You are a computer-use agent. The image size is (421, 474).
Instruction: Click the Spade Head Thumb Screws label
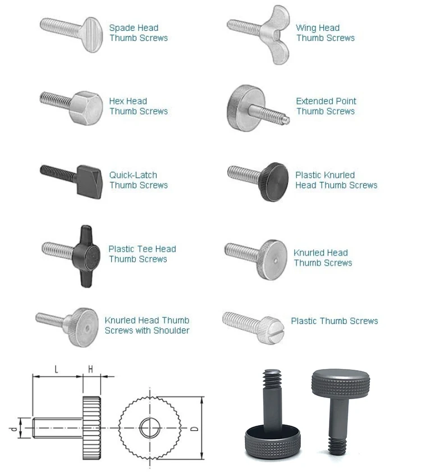coord(138,33)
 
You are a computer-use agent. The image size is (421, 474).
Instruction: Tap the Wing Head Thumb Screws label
coord(325,33)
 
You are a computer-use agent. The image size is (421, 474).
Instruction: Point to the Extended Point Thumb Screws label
coord(326,106)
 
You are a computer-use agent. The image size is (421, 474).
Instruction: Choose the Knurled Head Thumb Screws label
coord(322,258)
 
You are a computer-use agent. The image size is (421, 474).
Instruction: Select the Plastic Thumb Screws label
coord(334,321)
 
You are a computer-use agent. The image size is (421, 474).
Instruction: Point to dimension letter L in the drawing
coord(56,369)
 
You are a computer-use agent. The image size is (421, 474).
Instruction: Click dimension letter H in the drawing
coord(91,369)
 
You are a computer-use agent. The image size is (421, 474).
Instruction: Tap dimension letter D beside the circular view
coord(194,429)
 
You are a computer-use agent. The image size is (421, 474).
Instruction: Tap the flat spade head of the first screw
coord(92,35)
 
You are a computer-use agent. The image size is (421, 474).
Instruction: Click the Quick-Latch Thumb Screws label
coord(138,180)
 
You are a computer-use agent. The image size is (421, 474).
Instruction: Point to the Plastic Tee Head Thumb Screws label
coord(141,254)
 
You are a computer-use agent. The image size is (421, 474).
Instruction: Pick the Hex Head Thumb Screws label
coord(138,106)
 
